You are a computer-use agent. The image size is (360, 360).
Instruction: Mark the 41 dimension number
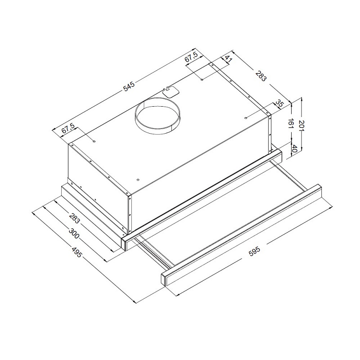pyautogui.click(x=228, y=60)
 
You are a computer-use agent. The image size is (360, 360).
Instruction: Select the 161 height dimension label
pyautogui.click(x=291, y=125)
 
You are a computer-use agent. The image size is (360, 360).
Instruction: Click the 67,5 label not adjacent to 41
pyautogui.click(x=67, y=129)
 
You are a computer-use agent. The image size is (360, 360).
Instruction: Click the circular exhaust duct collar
pyautogui.click(x=157, y=116)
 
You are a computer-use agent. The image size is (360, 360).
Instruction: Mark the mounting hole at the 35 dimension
pyautogui.click(x=246, y=117)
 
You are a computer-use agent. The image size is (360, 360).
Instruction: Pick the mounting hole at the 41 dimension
pyautogui.click(x=202, y=81)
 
